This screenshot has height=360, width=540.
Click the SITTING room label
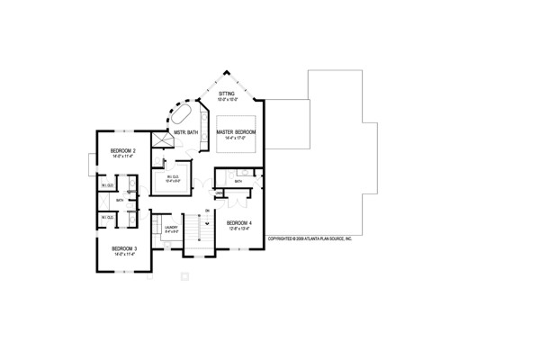pos(226,93)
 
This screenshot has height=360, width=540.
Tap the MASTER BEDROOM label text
pos(236,132)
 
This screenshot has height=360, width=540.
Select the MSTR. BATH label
pos(186,132)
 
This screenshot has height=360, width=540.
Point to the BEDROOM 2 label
pos(122,149)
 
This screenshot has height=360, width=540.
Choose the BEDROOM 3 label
pos(123,248)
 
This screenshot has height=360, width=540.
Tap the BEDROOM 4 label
pos(238,222)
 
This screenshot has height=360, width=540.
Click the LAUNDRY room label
pos(170,227)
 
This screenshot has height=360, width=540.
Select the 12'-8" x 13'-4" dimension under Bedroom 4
pos(238,229)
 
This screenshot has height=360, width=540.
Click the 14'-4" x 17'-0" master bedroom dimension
pos(236,139)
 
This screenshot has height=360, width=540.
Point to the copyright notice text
pos(310,239)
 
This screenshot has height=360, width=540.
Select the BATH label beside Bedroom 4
pos(238,182)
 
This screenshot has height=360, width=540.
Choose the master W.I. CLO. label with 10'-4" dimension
pos(174,178)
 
